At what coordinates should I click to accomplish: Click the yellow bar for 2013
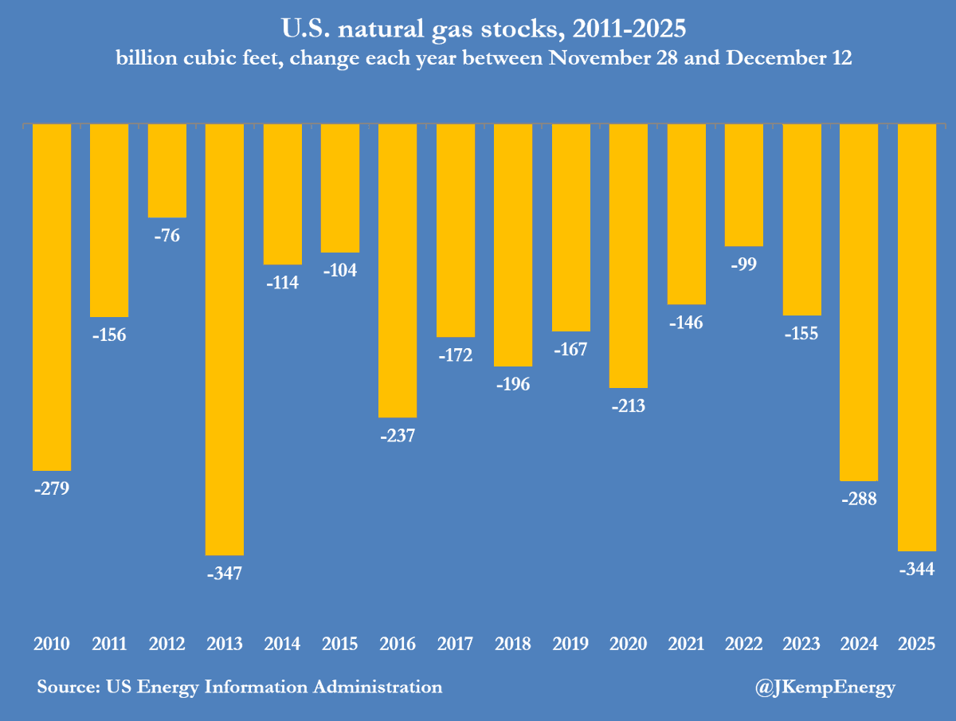(x=225, y=339)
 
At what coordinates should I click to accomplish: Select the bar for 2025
(x=916, y=337)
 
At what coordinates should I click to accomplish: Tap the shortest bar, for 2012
(x=167, y=170)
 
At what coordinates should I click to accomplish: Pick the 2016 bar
(x=398, y=270)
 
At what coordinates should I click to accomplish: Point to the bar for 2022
(x=743, y=185)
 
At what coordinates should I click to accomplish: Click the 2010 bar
(x=52, y=297)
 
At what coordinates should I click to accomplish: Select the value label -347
(x=225, y=573)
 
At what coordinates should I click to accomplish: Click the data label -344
(x=916, y=569)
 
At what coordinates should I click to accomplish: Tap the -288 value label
(x=859, y=500)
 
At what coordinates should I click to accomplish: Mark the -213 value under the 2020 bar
(x=628, y=406)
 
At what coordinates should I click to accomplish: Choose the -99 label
(x=743, y=264)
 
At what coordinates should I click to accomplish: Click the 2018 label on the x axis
(x=513, y=644)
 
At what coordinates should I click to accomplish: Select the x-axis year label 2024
(x=859, y=644)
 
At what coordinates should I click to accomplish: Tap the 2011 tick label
(x=109, y=644)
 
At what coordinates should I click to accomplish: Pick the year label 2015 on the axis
(x=340, y=644)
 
